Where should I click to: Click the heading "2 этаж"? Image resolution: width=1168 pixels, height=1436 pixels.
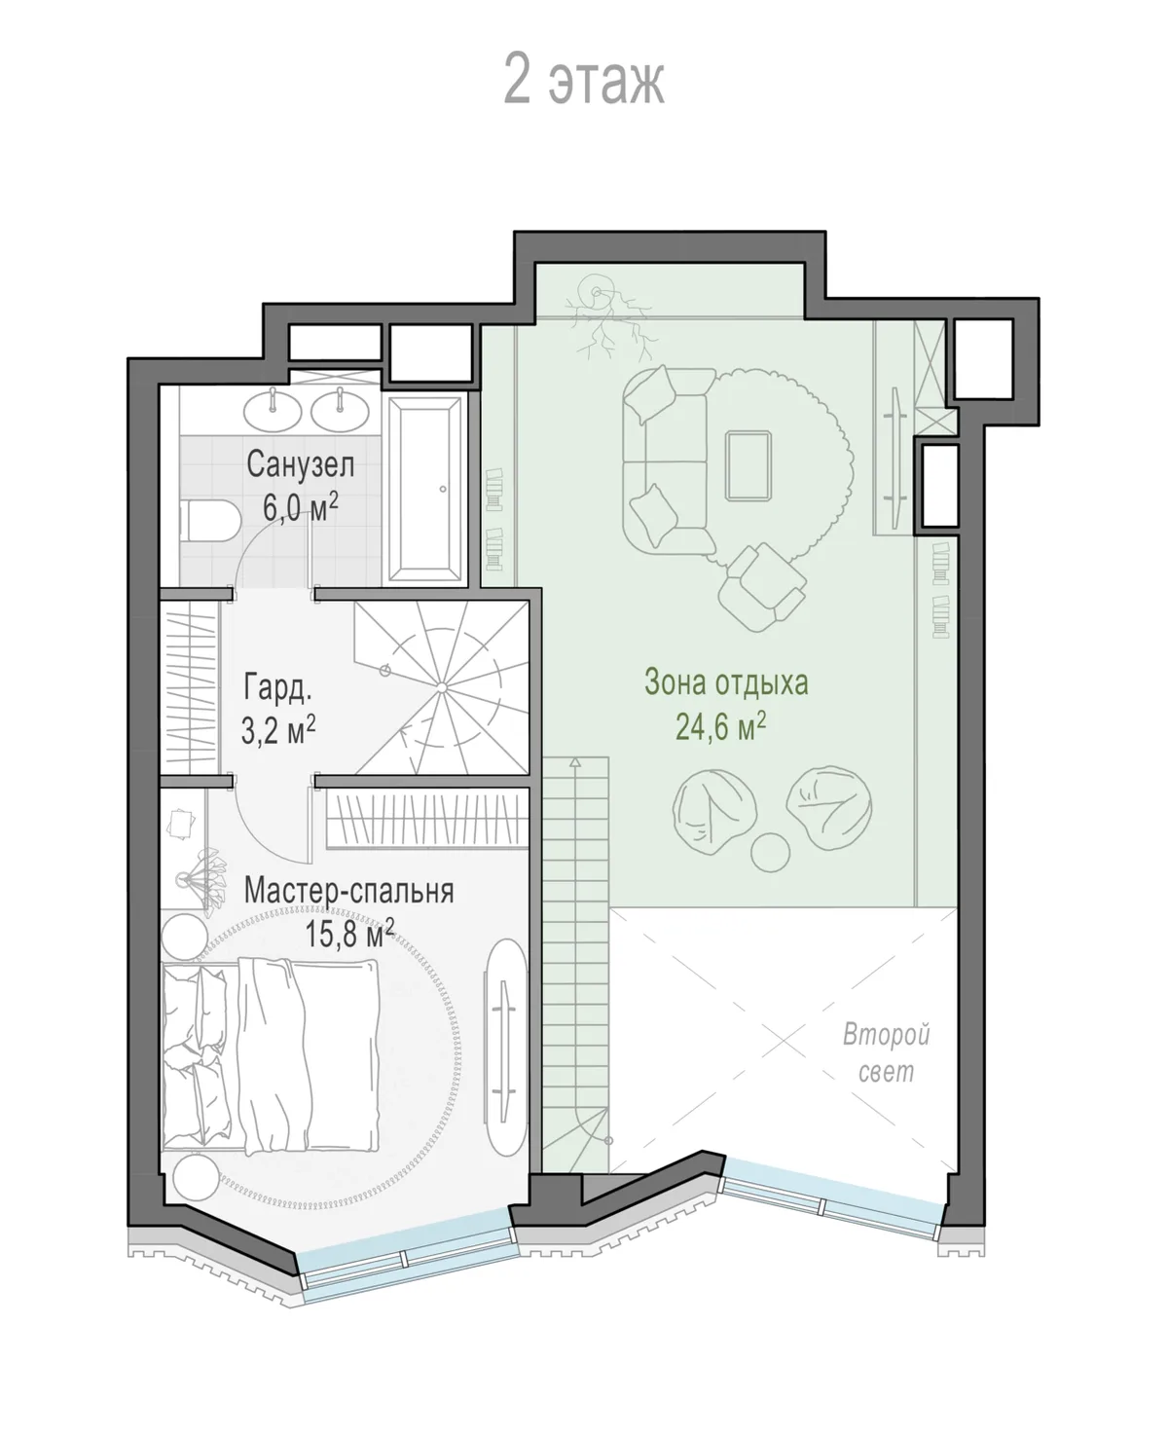pos(584,81)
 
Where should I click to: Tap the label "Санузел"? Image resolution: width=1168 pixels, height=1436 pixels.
pos(300,464)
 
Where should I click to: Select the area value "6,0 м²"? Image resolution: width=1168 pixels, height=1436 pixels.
pos(300,506)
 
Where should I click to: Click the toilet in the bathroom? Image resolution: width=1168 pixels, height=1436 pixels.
pos(210,521)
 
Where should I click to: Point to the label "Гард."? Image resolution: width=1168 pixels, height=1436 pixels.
pos(277,686)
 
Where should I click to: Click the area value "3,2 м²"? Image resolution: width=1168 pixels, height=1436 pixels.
pos(277,729)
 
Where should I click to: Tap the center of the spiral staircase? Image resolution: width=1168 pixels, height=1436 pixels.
pos(442,687)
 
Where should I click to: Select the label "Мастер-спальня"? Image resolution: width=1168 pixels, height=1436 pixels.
pos(348,891)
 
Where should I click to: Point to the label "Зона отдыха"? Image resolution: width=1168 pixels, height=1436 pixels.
pos(726,682)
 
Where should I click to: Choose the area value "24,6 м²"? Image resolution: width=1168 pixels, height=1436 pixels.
pos(720,726)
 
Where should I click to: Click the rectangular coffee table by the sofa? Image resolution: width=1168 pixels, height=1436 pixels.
pos(748,466)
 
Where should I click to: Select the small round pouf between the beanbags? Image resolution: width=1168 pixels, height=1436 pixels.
pos(770,853)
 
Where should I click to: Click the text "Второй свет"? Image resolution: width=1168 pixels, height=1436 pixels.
pos(887,1052)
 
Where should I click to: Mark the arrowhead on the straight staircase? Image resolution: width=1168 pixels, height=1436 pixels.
pos(575,762)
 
